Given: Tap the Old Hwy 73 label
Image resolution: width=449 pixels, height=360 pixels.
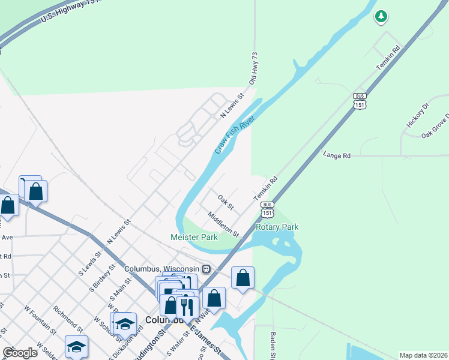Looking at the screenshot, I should pyautogui.click(x=253, y=67).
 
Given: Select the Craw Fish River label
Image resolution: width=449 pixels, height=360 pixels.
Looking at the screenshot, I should pyautogui.click(x=235, y=134).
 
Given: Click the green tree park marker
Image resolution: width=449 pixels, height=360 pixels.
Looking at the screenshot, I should pyautogui.click(x=381, y=16).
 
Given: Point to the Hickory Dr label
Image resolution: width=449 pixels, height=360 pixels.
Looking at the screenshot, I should pyautogui.click(x=418, y=115).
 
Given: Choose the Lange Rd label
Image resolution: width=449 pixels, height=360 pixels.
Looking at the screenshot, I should pyautogui.click(x=336, y=155).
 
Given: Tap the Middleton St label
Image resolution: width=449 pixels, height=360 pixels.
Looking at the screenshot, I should pyautogui.click(x=223, y=223).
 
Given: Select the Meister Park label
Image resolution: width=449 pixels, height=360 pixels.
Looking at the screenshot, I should pyautogui.click(x=194, y=238).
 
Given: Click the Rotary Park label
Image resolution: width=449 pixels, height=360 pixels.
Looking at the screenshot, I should pyautogui.click(x=277, y=227).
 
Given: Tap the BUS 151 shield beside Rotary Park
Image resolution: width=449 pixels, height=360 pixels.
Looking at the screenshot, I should pyautogui.click(x=268, y=209).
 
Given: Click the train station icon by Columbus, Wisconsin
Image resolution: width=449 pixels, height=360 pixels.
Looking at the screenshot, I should pyautogui.click(x=206, y=268).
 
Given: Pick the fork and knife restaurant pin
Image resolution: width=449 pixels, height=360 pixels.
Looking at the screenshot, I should pyautogui.click(x=187, y=307).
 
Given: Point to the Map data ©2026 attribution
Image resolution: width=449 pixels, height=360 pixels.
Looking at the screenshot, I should pyautogui.click(x=423, y=355).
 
